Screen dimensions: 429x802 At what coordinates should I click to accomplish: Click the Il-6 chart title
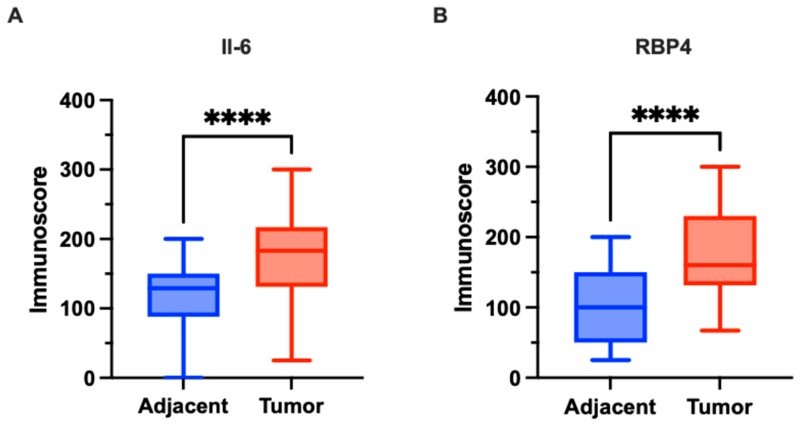[x=236, y=48]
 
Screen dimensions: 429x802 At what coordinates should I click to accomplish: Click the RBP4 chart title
[x=663, y=48]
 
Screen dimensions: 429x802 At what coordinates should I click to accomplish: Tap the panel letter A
[x=15, y=16]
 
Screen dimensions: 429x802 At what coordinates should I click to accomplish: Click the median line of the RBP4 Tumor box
[x=720, y=265]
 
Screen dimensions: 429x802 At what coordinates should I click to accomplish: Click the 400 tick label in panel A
[x=77, y=101]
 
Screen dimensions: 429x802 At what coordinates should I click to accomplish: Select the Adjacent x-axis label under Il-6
[x=183, y=406]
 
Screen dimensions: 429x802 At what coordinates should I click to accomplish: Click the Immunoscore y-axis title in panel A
[x=39, y=240]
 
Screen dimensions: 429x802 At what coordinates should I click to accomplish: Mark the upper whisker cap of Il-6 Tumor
[x=291, y=170]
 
